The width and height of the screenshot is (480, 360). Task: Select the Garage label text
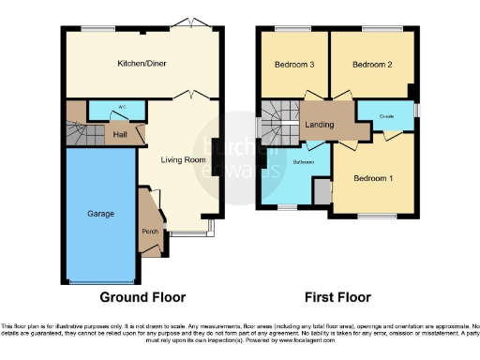pos(101,214)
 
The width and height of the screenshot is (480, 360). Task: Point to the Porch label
pos(149,232)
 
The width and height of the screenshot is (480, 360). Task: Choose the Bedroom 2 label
pos(370,65)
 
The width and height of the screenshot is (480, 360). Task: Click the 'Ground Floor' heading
pos(139,297)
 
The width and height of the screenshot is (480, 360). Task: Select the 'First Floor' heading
pos(337,297)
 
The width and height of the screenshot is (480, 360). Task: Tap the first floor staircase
pos(277,123)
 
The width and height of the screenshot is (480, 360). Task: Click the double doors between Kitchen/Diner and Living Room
pos(190,96)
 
